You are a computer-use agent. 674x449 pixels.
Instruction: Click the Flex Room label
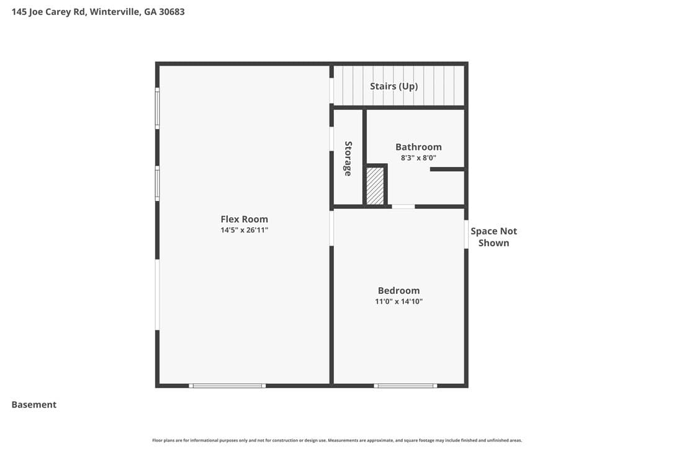pos(244,219)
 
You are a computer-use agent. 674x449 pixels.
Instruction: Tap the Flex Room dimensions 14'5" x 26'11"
pos(244,230)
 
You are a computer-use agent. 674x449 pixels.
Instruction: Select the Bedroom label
pos(399,290)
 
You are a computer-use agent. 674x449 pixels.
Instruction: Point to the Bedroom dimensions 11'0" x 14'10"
pos(399,301)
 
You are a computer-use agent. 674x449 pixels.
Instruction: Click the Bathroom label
pos(419,147)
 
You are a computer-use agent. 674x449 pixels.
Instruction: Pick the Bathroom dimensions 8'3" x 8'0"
pos(419,158)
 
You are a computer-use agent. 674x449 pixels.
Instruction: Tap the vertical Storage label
pos(348,159)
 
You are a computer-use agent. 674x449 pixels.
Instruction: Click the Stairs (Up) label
pos(393,86)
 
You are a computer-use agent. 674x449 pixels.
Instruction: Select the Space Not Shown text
pos(493,237)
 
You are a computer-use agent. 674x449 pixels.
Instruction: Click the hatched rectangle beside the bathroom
pos(375,185)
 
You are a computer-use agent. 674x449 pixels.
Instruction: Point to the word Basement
pos(34,404)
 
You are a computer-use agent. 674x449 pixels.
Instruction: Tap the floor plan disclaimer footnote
pos(337,440)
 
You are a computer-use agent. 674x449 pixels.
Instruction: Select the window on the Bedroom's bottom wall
pos(405,385)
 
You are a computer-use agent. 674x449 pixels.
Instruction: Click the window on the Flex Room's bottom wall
pos(227,385)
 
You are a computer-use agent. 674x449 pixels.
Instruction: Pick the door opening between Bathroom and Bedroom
pos(403,207)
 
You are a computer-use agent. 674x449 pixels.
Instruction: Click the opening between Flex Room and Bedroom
pos(331,228)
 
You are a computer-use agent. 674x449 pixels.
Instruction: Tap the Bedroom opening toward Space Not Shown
pos(466,234)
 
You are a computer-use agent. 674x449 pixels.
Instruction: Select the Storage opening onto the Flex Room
pos(331,138)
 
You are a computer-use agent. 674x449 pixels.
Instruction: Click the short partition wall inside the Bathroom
pos(447,169)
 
